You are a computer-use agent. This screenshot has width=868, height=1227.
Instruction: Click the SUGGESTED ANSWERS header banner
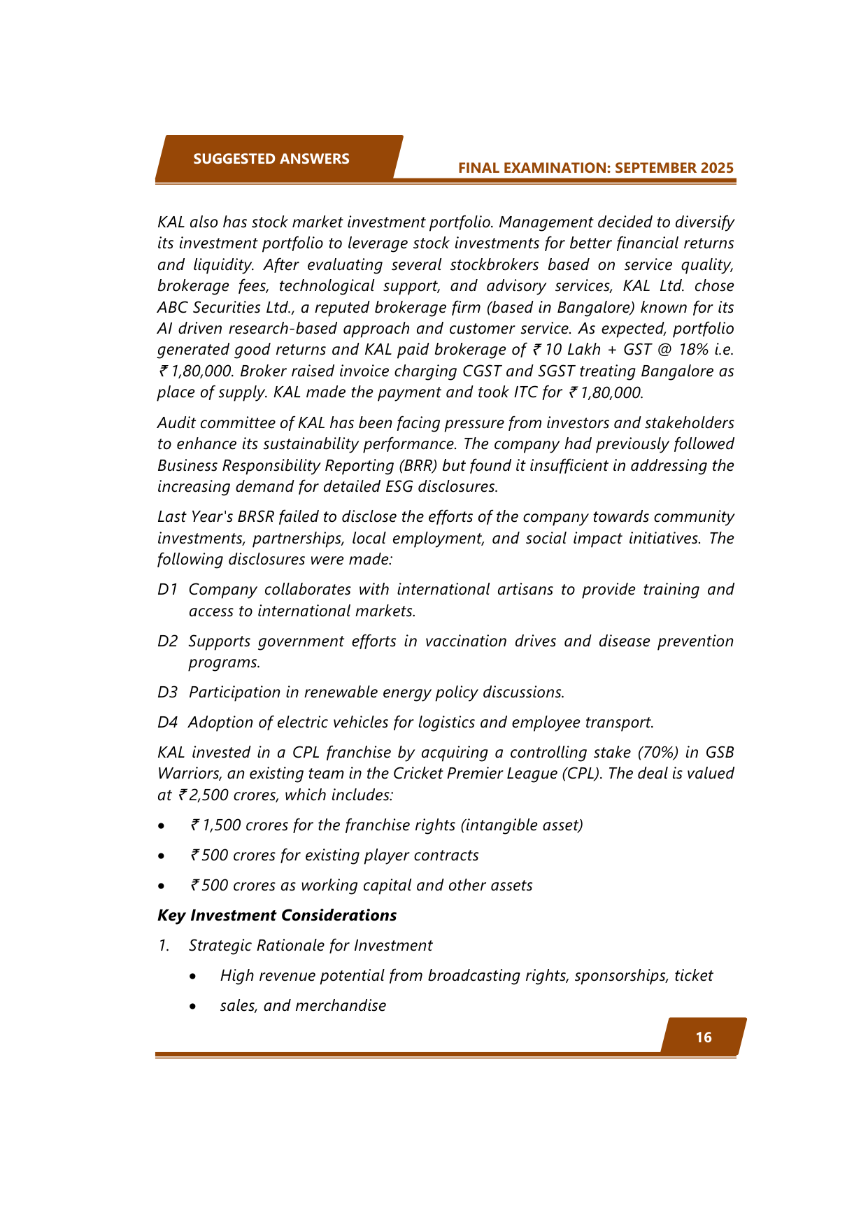[271, 159]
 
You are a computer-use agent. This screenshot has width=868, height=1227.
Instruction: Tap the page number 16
[704, 1037]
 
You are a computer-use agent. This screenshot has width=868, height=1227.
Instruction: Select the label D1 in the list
[167, 589]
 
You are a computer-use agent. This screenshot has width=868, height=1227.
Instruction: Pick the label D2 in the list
[167, 641]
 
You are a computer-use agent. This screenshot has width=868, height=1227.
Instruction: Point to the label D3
[167, 692]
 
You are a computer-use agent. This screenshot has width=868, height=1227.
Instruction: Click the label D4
[167, 722]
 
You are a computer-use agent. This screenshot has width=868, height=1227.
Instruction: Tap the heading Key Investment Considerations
[277, 915]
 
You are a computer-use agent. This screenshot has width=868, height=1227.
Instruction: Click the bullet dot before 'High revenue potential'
[193, 976]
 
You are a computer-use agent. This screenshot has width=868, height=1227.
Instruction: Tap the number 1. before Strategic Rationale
[164, 945]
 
